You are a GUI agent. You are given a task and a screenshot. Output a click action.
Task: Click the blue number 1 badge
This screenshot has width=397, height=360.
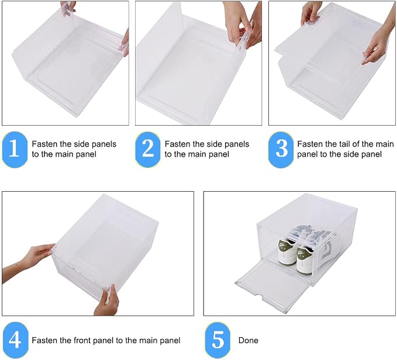[x=15, y=149]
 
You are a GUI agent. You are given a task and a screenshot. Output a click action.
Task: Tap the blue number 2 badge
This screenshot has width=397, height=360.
[x=148, y=149]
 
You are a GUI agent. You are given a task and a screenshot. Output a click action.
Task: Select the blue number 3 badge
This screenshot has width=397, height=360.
[x=281, y=149]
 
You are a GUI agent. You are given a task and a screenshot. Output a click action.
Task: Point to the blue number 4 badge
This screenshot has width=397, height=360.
[x=15, y=340]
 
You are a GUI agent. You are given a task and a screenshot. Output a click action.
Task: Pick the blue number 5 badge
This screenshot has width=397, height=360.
[x=218, y=340]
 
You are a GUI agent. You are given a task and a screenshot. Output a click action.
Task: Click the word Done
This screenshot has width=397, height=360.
[x=248, y=340]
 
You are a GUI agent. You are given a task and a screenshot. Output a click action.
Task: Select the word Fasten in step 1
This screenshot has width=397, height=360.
[x=44, y=144]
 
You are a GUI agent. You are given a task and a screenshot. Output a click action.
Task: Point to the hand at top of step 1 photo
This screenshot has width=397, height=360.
[x=68, y=8]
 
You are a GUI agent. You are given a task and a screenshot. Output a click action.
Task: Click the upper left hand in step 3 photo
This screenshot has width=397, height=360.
[x=311, y=13]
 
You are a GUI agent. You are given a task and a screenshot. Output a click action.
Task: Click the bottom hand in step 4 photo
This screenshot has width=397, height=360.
[x=107, y=302]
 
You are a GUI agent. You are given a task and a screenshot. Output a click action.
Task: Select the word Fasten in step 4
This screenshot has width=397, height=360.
[x=44, y=340]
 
